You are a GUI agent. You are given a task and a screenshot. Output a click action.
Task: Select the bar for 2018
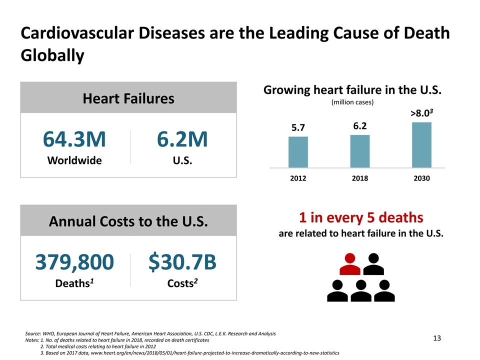(x=359, y=151)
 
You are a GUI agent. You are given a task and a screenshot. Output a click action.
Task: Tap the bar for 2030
(x=421, y=145)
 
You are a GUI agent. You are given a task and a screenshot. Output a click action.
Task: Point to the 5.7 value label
(x=298, y=127)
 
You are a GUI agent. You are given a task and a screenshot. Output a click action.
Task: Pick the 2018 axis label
(x=359, y=178)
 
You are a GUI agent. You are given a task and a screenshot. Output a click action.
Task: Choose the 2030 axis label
(x=421, y=178)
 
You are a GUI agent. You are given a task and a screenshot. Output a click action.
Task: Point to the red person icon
(x=350, y=264)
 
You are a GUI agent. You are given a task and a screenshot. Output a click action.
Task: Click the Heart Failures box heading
(x=128, y=98)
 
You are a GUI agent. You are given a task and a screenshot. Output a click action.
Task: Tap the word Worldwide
(x=74, y=160)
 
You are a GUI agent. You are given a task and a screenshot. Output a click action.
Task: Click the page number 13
(x=436, y=339)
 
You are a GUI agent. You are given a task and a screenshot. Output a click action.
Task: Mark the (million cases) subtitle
(x=353, y=102)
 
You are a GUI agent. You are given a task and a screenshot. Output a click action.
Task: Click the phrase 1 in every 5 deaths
(x=361, y=218)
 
